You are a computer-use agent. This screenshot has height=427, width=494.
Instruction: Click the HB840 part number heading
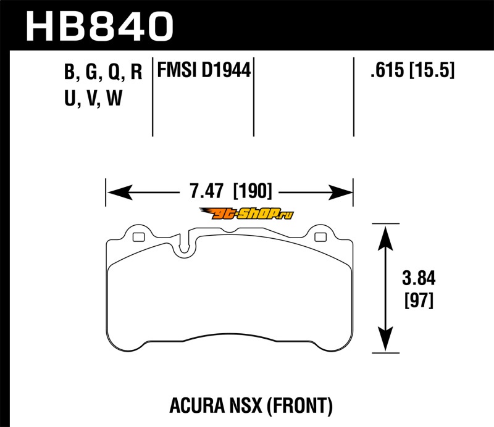99,27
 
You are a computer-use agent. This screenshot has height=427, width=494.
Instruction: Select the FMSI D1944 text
204,70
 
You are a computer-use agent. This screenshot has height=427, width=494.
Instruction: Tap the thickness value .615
387,70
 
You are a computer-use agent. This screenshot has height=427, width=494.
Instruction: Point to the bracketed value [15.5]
432,70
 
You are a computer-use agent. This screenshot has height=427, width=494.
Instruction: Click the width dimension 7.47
206,191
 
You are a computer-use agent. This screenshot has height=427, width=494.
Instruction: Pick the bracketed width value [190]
252,191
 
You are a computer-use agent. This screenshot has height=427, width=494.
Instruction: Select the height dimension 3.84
419,278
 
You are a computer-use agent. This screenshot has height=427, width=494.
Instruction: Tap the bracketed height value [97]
419,301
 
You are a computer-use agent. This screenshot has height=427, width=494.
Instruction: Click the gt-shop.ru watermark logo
246,214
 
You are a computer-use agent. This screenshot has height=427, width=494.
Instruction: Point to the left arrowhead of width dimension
120,192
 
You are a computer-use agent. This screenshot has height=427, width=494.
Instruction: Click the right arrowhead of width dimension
340,192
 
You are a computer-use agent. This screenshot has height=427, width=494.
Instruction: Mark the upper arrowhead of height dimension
385,238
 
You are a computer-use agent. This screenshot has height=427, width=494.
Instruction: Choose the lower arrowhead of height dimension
385,339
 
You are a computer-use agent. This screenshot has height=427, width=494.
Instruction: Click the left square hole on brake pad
138,237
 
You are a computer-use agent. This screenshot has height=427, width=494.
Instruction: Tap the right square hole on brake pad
320,237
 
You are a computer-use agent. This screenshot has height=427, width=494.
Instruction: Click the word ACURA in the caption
197,405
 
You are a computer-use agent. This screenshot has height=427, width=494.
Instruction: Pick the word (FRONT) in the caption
300,406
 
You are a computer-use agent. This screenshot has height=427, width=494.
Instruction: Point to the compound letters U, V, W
93,98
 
